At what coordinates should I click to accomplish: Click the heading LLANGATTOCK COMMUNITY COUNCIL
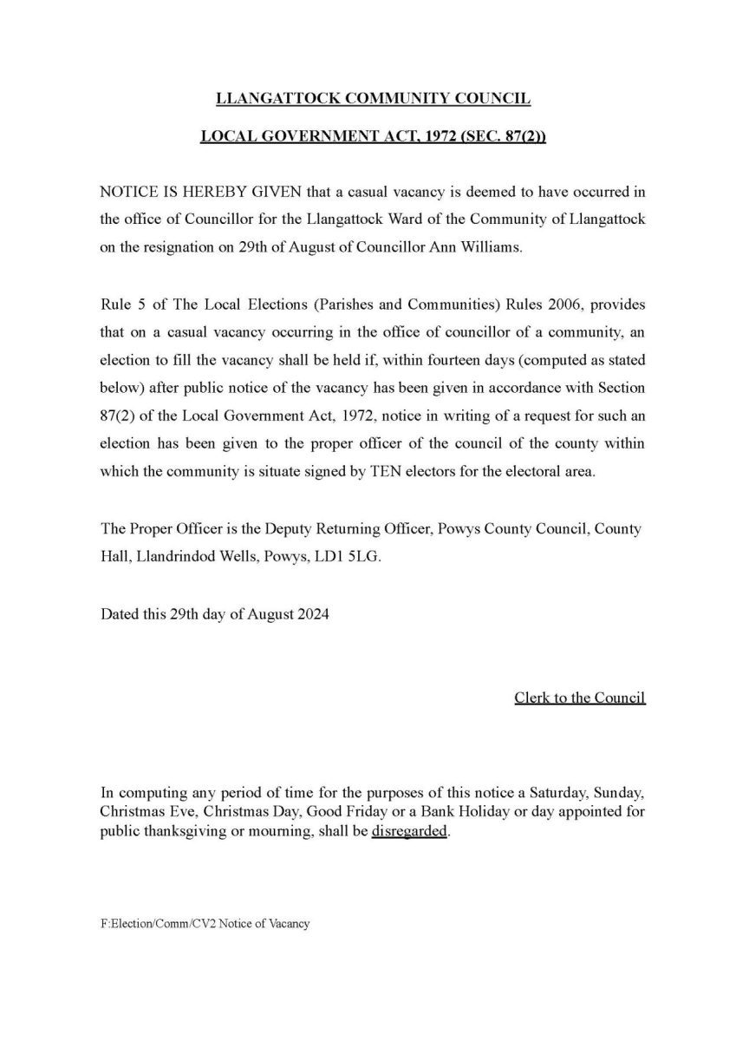click(x=372, y=99)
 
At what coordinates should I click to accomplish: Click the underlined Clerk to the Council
click(x=579, y=697)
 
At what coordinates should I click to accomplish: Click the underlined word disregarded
click(x=410, y=830)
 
